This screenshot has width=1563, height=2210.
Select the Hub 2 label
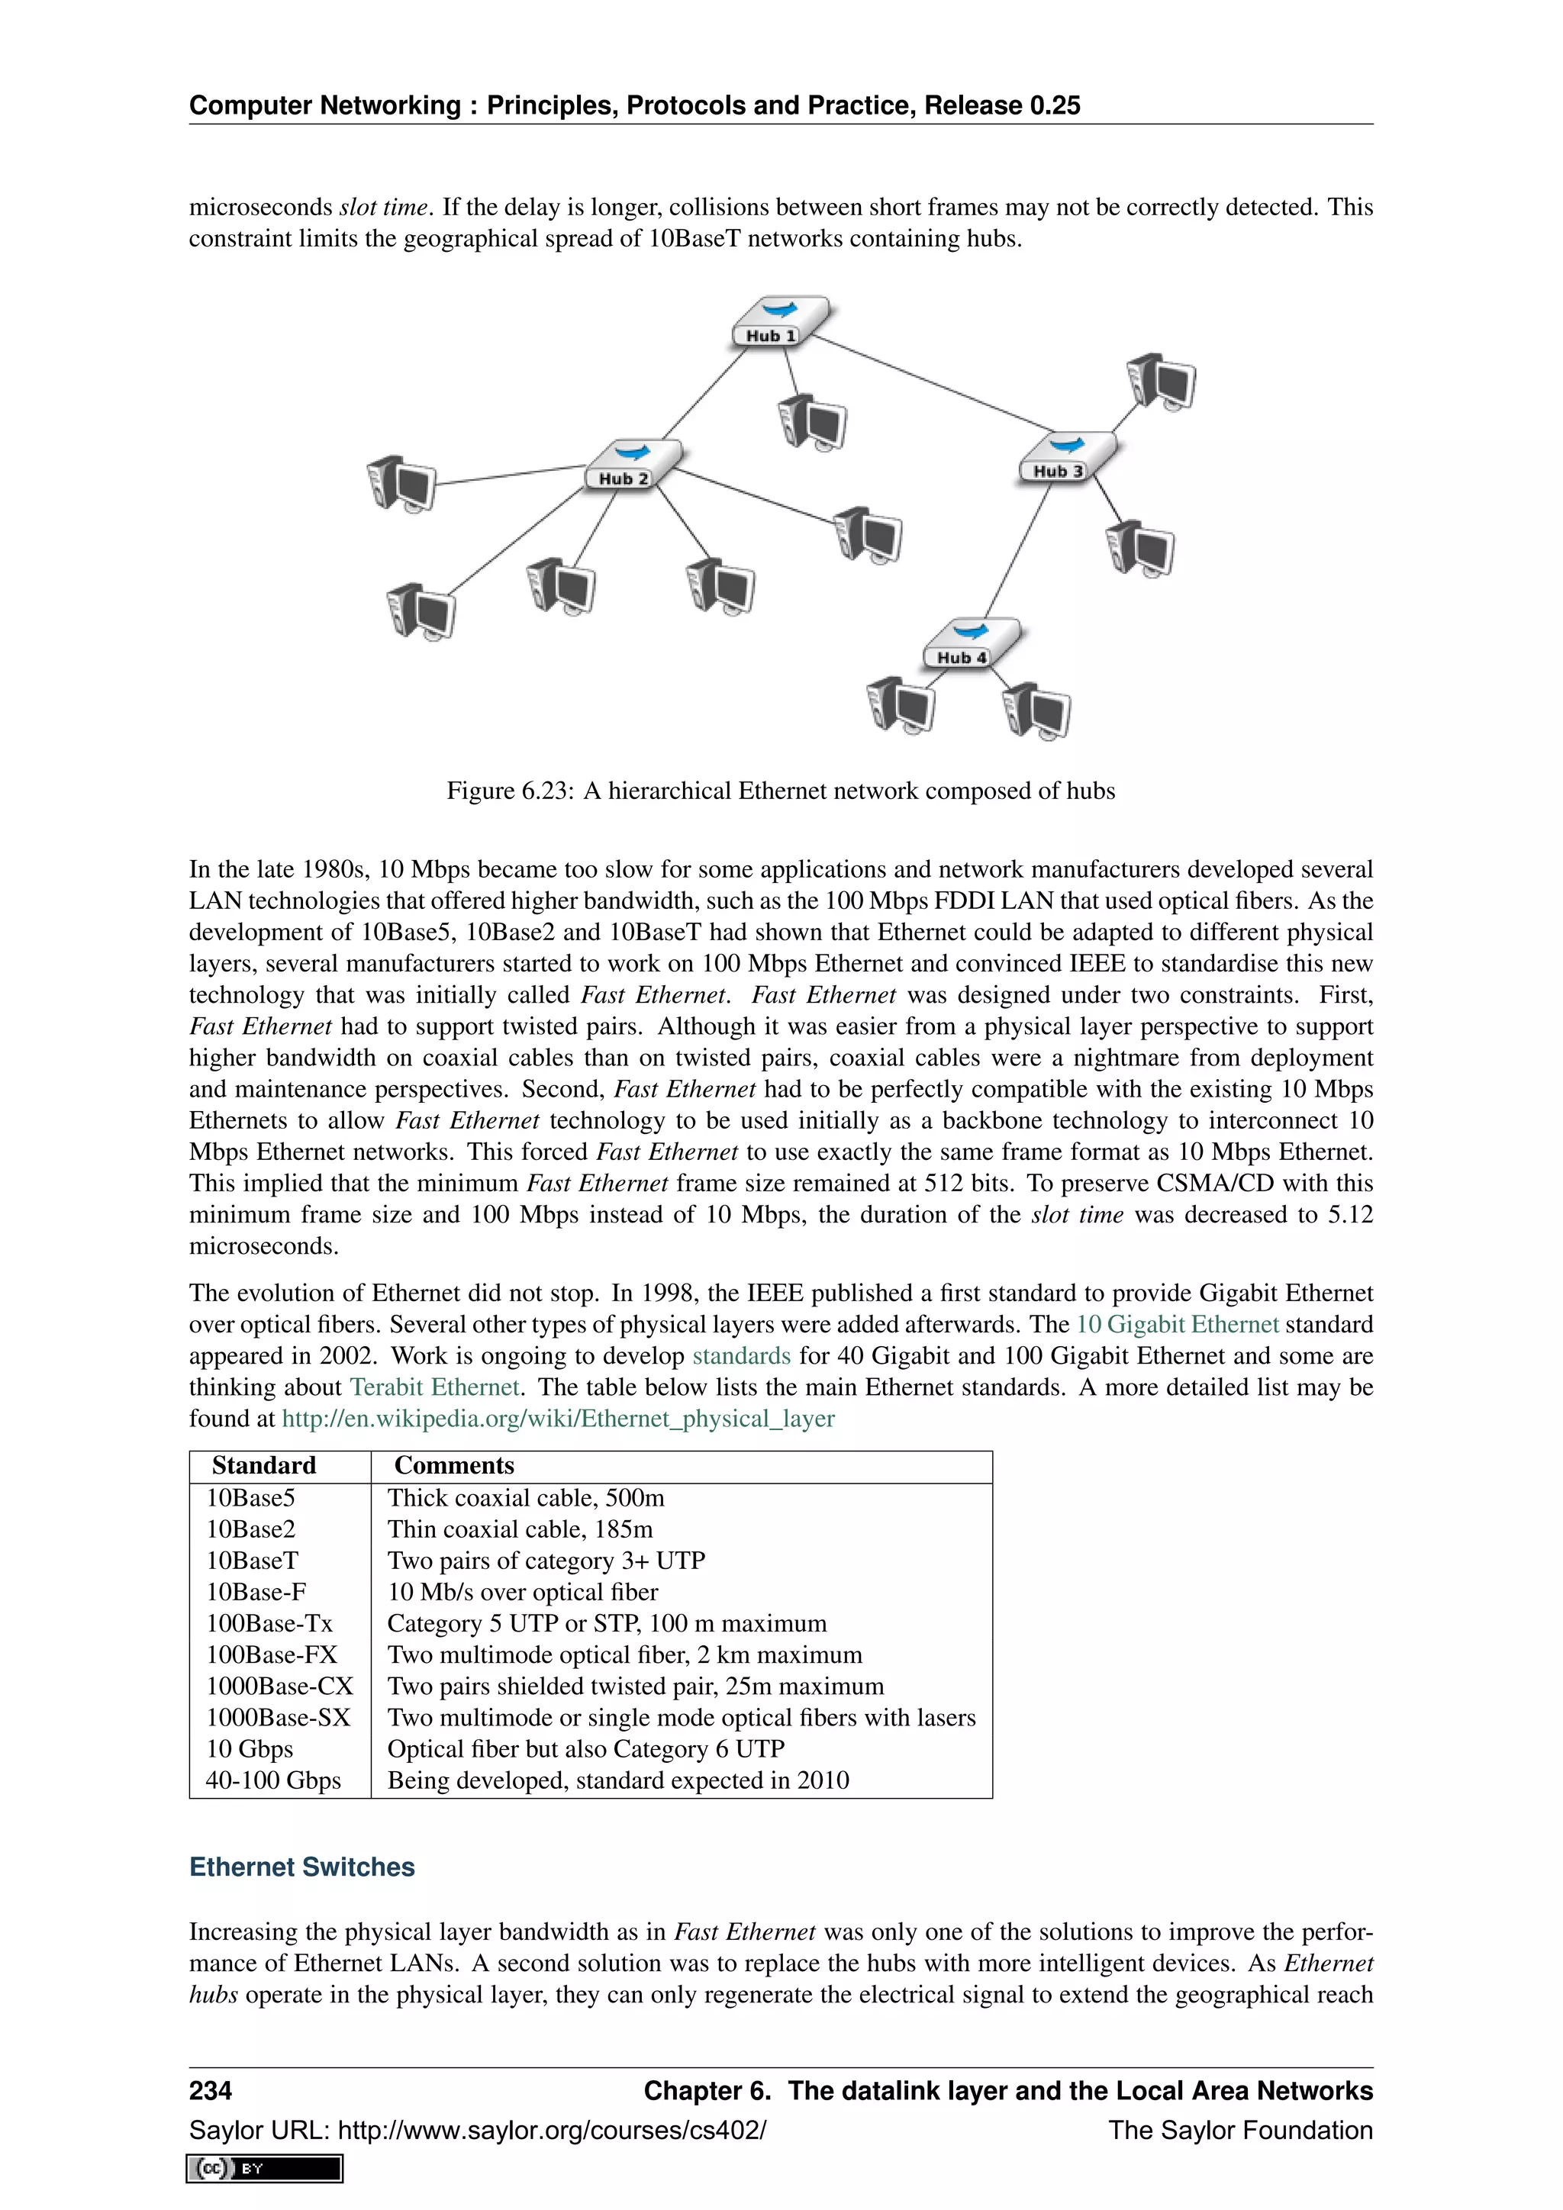(624, 478)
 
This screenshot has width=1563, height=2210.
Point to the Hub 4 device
(970, 642)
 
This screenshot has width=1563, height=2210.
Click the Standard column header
(264, 1465)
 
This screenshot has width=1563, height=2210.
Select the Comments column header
(454, 1465)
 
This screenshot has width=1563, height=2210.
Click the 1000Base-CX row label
(279, 1686)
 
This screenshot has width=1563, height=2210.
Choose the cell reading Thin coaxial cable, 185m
(520, 1529)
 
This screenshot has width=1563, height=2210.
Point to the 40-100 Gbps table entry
(273, 1780)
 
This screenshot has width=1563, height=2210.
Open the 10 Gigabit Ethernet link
(1177, 1325)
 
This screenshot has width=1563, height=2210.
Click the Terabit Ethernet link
(434, 1387)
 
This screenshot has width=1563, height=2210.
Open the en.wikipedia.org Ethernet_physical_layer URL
(557, 1419)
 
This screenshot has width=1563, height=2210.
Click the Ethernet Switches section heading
(302, 1867)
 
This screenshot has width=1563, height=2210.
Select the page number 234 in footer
(210, 2091)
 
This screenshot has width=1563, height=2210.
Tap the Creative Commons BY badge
(265, 2169)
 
